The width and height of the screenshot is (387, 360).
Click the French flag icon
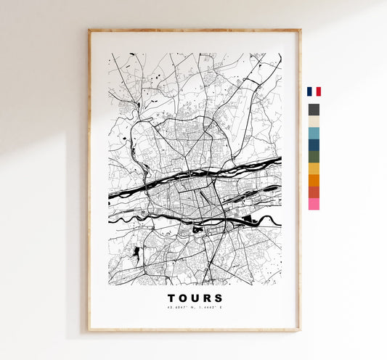(x=314, y=91)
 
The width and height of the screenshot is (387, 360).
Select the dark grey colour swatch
(x=314, y=110)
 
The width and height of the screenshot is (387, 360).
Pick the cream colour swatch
(x=314, y=121)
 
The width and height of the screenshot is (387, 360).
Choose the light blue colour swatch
(x=314, y=133)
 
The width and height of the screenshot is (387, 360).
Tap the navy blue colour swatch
(x=314, y=145)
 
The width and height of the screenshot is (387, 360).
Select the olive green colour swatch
(x=314, y=157)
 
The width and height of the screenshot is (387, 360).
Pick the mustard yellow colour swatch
(x=314, y=168)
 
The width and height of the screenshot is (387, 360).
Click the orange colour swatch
(x=314, y=180)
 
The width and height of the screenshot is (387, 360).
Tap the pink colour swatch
(x=314, y=204)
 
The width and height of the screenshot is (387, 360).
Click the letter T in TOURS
(x=171, y=298)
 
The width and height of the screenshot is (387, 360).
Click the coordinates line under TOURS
(x=195, y=308)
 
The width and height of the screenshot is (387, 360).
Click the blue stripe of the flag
(x=309, y=91)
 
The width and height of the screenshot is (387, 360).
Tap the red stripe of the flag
(x=318, y=91)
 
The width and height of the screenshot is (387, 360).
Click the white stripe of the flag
(x=314, y=91)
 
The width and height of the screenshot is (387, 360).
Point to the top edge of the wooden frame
(x=195, y=30)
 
